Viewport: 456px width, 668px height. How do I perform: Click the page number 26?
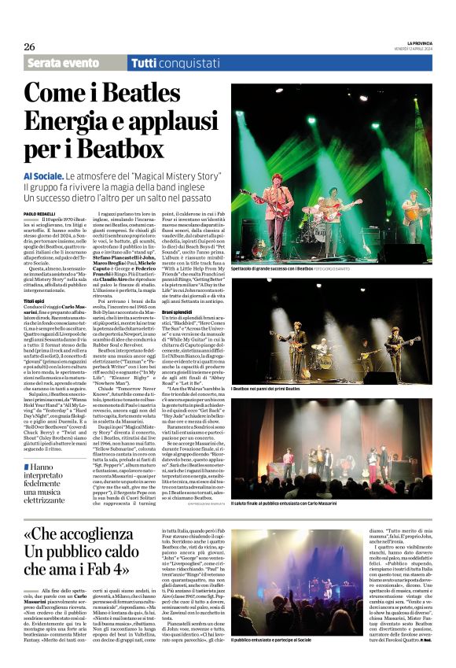tap(29, 46)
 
